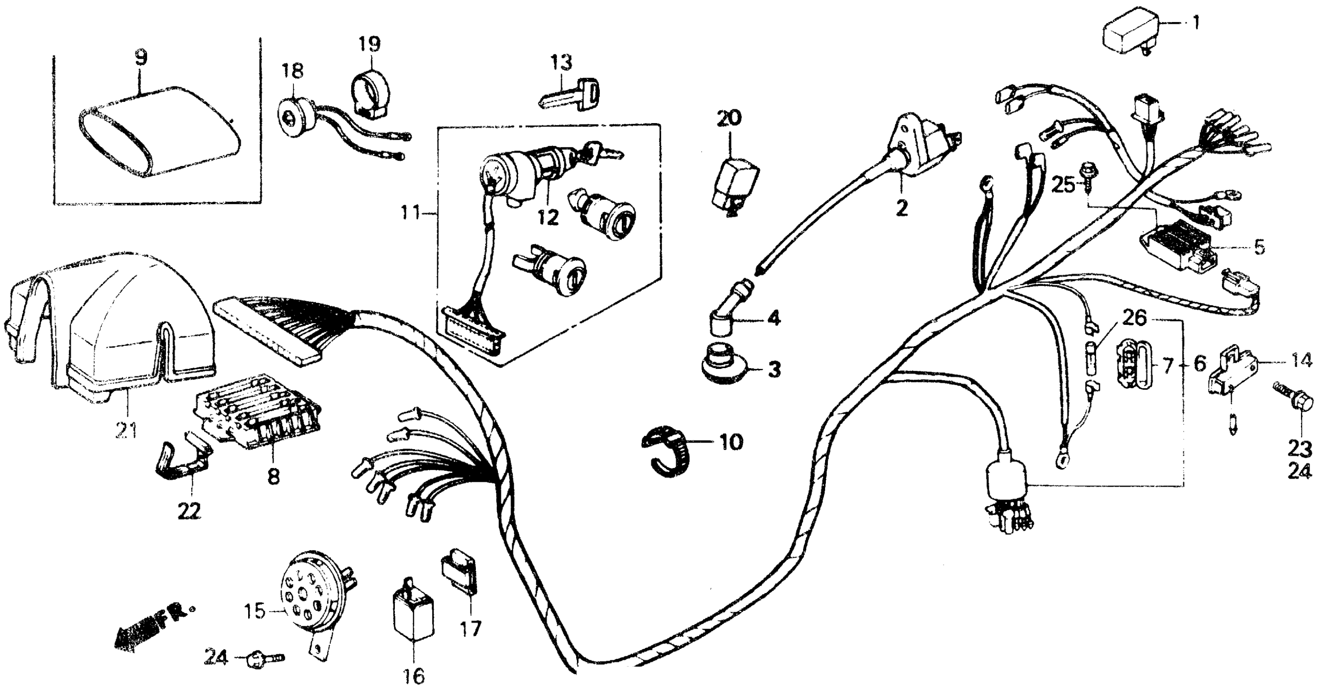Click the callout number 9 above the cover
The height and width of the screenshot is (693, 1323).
[140, 57]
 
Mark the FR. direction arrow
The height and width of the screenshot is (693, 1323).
[149, 632]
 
